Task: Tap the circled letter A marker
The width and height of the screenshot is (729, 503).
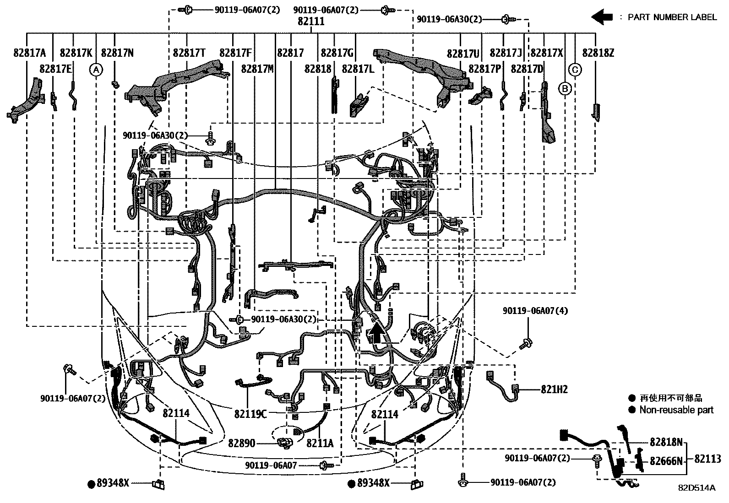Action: pos(96,70)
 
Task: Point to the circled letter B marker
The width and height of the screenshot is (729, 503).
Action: pos(565,88)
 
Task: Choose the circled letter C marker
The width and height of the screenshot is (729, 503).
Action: pos(575,70)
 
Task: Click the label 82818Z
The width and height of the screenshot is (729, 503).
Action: pos(598,53)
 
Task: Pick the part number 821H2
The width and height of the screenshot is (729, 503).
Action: pos(554,389)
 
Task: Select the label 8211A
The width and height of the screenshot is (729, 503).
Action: pos(320,443)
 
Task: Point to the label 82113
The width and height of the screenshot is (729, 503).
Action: pos(707,459)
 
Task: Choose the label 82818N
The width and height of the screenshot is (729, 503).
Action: pos(666,442)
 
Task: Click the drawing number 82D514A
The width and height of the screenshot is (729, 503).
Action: pos(696,488)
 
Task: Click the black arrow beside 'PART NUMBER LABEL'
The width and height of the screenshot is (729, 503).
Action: pos(602,17)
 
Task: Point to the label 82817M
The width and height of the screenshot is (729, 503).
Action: pos(257,69)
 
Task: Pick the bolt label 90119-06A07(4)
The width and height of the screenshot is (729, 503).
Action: pos(535,311)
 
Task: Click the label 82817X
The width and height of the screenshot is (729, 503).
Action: pos(546,53)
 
